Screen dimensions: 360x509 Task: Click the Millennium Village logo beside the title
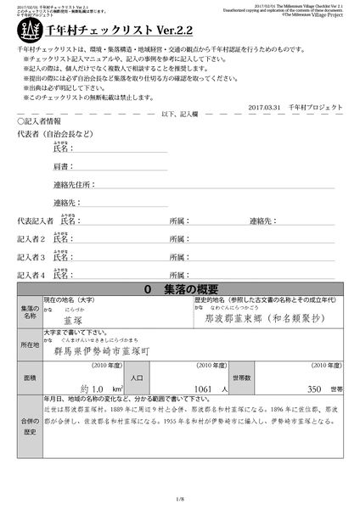click(x=25, y=31)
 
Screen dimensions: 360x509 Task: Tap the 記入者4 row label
click(x=31, y=275)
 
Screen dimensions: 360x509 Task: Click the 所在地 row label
click(x=29, y=346)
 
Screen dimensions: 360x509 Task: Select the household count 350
click(x=314, y=389)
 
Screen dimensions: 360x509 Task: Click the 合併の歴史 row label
click(x=29, y=425)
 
